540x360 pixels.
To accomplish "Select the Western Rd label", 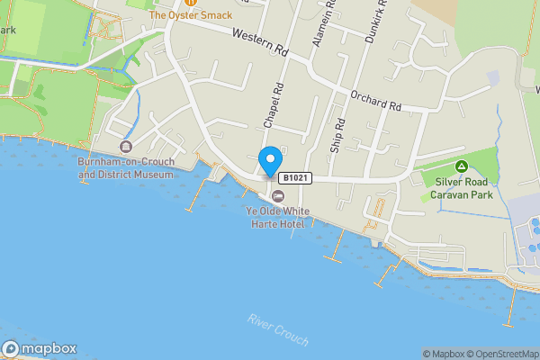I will click(258, 43).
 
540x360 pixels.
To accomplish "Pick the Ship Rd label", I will click(337, 135).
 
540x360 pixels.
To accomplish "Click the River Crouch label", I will click(278, 330).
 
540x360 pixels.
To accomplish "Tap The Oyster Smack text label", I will click(190, 15).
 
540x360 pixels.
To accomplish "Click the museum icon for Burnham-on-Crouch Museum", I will click(125, 147).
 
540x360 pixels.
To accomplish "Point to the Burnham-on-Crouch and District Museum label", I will click(125, 168).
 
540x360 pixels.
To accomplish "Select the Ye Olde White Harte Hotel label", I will click(277, 216).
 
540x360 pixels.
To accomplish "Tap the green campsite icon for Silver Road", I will click(461, 166).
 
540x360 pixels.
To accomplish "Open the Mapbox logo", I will click(40, 349).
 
